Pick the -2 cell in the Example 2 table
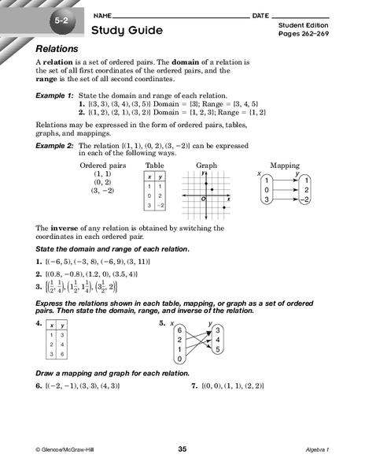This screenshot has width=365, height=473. (159, 205)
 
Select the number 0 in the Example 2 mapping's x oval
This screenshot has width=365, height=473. (267, 190)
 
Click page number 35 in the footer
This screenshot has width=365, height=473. (182, 449)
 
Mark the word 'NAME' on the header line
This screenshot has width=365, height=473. (102, 16)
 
